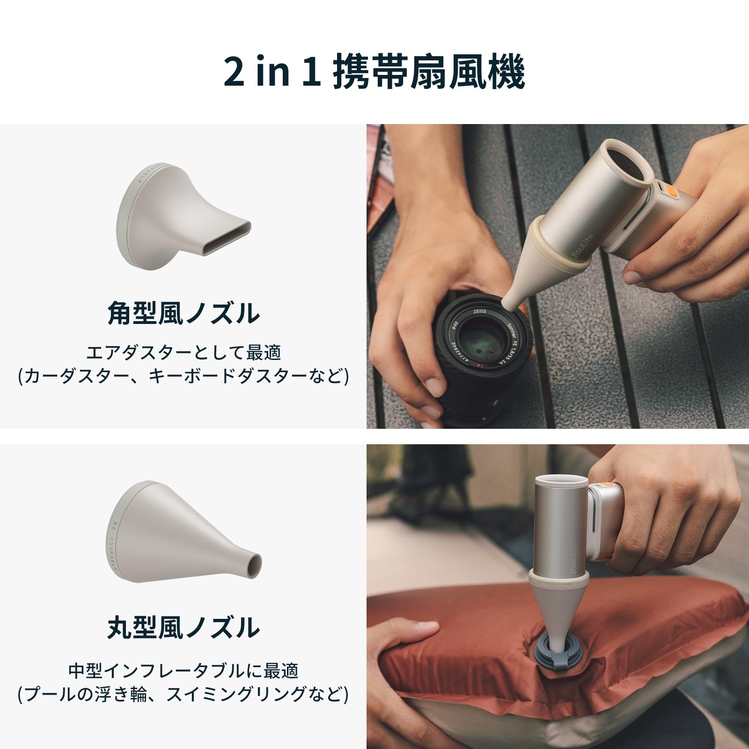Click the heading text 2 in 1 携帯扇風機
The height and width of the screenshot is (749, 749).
click(374, 72)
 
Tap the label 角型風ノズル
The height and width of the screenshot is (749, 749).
click(183, 313)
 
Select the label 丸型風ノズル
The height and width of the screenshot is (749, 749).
click(183, 628)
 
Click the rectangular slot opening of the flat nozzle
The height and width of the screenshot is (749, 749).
click(229, 235)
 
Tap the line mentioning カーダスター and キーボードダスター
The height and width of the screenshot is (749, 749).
click(183, 376)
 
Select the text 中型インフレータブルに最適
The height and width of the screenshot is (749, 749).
click(183, 671)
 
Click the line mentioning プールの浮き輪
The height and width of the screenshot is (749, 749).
click(183, 694)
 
